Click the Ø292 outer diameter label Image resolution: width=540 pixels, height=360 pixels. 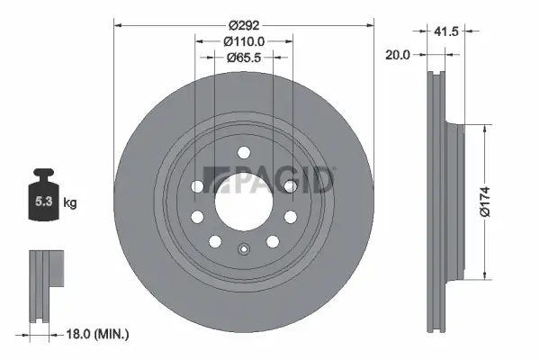click(x=243, y=24)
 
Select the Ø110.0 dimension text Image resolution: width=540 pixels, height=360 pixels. click(x=243, y=40)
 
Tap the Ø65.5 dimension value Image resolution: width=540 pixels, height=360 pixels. click(x=243, y=57)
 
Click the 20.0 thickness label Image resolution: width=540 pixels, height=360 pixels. click(x=397, y=54)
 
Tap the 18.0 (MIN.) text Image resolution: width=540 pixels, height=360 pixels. click(x=98, y=334)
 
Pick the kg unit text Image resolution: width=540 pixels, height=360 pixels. click(x=70, y=202)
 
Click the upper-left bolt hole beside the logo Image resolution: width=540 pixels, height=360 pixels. click(x=197, y=186)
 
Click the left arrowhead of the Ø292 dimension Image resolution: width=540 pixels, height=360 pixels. click(x=118, y=24)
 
